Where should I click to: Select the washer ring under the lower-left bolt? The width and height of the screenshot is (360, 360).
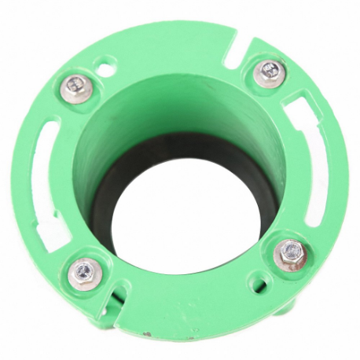point(73,280)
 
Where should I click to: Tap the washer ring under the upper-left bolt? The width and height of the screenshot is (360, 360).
point(64,88)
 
